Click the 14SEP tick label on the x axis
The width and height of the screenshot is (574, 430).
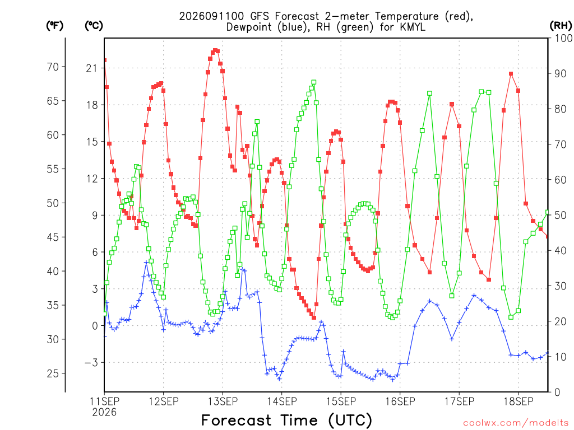[x=281, y=401]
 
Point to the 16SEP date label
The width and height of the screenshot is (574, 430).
[x=400, y=401]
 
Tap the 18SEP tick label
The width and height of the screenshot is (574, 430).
[x=519, y=401]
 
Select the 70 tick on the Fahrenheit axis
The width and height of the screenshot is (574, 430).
[x=53, y=67]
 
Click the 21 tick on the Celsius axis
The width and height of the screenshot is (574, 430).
[x=92, y=68]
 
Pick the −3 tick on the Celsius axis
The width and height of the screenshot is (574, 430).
[x=91, y=362]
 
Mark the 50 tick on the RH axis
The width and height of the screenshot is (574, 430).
[x=561, y=215]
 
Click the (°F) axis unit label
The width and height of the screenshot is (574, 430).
[x=54, y=26]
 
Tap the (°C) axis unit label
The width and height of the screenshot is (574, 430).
[x=94, y=26]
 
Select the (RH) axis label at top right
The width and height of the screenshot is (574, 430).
[x=561, y=26]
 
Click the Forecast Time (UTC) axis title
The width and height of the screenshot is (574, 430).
[x=286, y=420]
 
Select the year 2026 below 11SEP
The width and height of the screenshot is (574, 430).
[x=104, y=413]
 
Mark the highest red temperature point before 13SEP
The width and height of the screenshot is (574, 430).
[x=216, y=50]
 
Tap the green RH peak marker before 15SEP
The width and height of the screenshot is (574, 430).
[x=314, y=83]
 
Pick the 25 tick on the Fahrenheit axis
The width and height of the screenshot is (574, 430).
[x=53, y=373]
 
